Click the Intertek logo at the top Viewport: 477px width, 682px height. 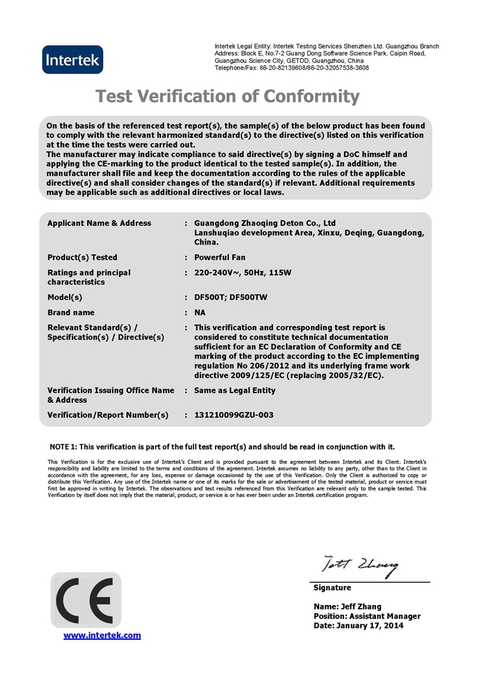pos(72,60)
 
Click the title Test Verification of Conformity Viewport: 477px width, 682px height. pos(227,96)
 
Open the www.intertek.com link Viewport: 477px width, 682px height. pos(102,635)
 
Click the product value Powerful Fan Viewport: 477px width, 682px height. pos(219,258)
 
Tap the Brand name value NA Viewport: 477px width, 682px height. pos(200,312)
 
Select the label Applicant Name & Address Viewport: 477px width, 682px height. pos(99,223)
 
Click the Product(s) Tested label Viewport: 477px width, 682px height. pos(82,258)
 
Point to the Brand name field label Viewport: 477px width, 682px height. pos(71,312)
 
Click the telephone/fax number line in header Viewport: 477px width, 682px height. pos(291,67)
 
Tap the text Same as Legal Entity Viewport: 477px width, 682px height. pos(235,390)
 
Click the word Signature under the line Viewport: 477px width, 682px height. pos(332,587)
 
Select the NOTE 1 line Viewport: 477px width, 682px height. pos(222,447)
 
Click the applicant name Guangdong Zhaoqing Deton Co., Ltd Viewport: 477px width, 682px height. pos(265,223)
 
